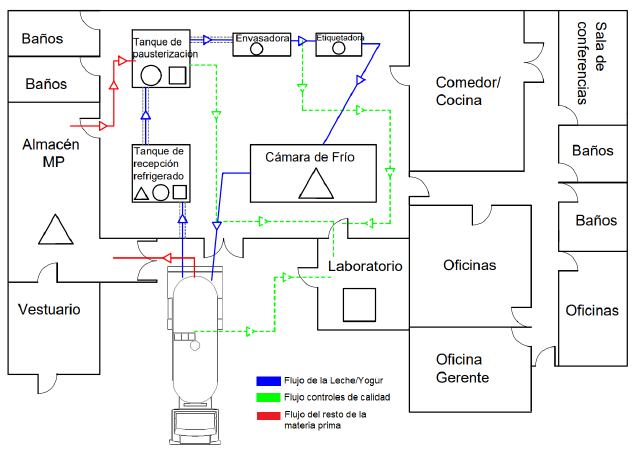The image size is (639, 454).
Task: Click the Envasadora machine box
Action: tap(262, 44)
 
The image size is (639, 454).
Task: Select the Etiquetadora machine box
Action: tap(339, 44)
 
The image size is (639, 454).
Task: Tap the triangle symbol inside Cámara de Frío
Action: tap(316, 184)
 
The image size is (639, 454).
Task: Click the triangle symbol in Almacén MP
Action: tap(56, 229)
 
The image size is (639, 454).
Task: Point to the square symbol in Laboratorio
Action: tap(359, 305)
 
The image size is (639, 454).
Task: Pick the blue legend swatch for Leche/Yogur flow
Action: tap(269, 381)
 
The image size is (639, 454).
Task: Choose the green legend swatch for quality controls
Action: tap(269, 397)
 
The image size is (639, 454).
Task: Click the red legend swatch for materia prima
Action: tap(269, 416)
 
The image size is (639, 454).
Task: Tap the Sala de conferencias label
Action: tap(591, 63)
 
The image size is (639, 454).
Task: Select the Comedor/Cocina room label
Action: tap(468, 91)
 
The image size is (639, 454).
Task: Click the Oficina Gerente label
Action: tap(462, 368)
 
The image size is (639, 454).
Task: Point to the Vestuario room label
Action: tap(49, 309)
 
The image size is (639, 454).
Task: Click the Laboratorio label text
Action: tap(365, 266)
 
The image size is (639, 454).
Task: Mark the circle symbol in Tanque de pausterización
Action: tap(151, 75)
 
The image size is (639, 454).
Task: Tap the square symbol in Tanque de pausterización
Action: tap(177, 75)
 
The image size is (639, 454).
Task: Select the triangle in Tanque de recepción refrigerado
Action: tap(141, 194)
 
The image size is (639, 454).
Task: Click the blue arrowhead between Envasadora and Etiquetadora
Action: tap(302, 40)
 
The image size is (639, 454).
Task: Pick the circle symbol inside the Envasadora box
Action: tap(256, 49)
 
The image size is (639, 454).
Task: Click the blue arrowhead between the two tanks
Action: tap(145, 116)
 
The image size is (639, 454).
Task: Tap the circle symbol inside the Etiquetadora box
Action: tap(339, 48)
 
